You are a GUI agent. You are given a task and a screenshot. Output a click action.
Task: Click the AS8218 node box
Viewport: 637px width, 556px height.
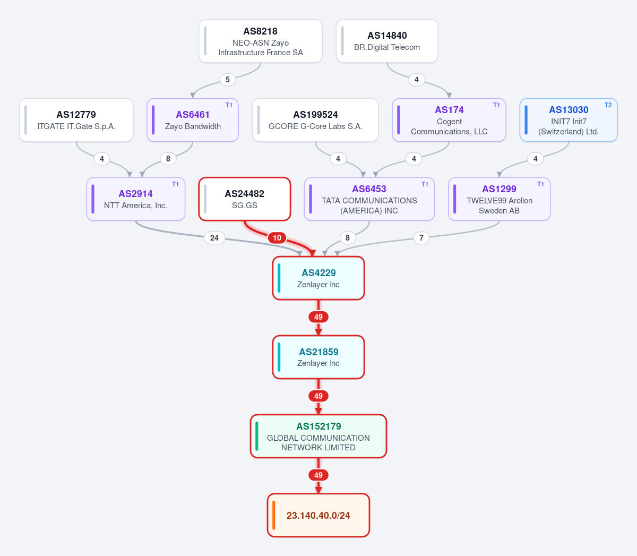click(261, 41)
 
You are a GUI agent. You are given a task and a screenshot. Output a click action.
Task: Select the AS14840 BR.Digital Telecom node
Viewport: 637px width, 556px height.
click(387, 41)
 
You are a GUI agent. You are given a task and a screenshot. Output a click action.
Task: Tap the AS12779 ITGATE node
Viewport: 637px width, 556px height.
click(76, 120)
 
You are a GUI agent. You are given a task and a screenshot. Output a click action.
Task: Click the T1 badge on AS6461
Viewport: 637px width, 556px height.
click(229, 105)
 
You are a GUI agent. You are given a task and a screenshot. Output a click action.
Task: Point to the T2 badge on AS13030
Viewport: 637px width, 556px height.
click(608, 105)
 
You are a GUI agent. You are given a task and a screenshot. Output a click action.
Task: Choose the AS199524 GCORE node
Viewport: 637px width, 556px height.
click(315, 120)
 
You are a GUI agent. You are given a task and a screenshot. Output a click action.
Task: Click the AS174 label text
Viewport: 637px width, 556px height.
click(449, 109)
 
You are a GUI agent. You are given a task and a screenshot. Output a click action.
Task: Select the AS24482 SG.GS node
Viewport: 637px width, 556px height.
click(245, 199)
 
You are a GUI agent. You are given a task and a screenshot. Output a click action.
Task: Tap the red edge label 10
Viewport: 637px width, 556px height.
click(277, 238)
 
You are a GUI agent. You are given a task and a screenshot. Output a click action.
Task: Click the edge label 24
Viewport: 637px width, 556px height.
click(214, 238)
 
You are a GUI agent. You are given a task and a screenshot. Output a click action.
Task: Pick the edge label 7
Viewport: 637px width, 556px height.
click(421, 238)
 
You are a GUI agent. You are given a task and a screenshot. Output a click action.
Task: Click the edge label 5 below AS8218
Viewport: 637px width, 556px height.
click(228, 80)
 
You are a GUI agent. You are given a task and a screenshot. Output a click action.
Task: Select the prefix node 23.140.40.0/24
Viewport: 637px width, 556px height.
click(318, 515)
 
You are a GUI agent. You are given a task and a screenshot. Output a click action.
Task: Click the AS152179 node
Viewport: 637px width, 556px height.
click(318, 436)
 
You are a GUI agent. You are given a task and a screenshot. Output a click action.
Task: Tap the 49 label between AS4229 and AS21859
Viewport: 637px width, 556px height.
click(318, 317)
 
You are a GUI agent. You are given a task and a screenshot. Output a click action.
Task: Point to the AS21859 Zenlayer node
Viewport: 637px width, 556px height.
click(318, 357)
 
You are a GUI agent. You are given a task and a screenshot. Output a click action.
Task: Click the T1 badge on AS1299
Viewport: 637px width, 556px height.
click(540, 184)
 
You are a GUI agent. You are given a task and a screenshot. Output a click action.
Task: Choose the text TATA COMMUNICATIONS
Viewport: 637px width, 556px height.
click(369, 201)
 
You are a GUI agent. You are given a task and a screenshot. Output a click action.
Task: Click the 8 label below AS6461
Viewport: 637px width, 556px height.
click(168, 159)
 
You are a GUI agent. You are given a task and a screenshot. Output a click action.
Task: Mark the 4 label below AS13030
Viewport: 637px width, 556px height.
click(536, 159)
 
